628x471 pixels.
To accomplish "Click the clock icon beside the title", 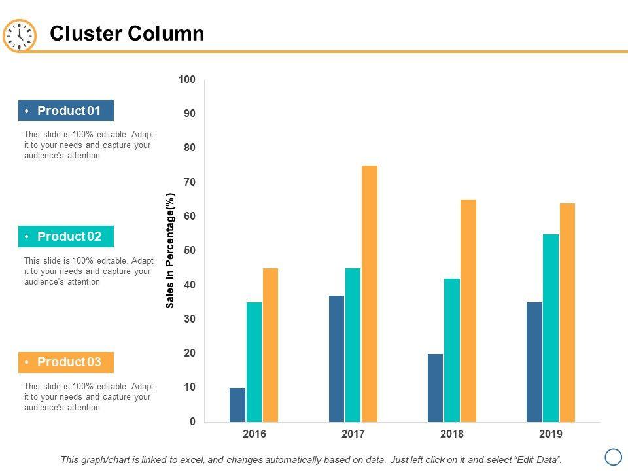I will coord(20,35).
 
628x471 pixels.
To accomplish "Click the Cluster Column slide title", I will coord(127,33).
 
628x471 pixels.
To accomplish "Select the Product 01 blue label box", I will coord(66,111).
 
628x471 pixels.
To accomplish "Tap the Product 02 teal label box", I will coord(66,236).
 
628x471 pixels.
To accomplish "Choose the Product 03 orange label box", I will coord(66,362).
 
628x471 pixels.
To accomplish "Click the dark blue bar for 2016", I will coord(237,405).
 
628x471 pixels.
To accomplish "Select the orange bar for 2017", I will coord(370,294).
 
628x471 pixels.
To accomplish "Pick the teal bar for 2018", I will coord(452,350).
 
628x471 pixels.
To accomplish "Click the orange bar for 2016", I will coord(270,345).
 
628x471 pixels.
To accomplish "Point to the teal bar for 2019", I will coord(551,328).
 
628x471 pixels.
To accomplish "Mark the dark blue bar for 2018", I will coord(435,387).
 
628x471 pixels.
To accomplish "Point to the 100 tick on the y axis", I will coord(186,80).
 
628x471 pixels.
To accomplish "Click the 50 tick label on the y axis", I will coord(189,251).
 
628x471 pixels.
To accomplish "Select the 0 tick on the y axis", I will coord(192,422).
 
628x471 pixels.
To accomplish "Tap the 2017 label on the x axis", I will coord(353,434).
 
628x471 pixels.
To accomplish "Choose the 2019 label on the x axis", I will coord(551,434).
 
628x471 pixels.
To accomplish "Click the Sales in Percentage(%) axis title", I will coord(170,251).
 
